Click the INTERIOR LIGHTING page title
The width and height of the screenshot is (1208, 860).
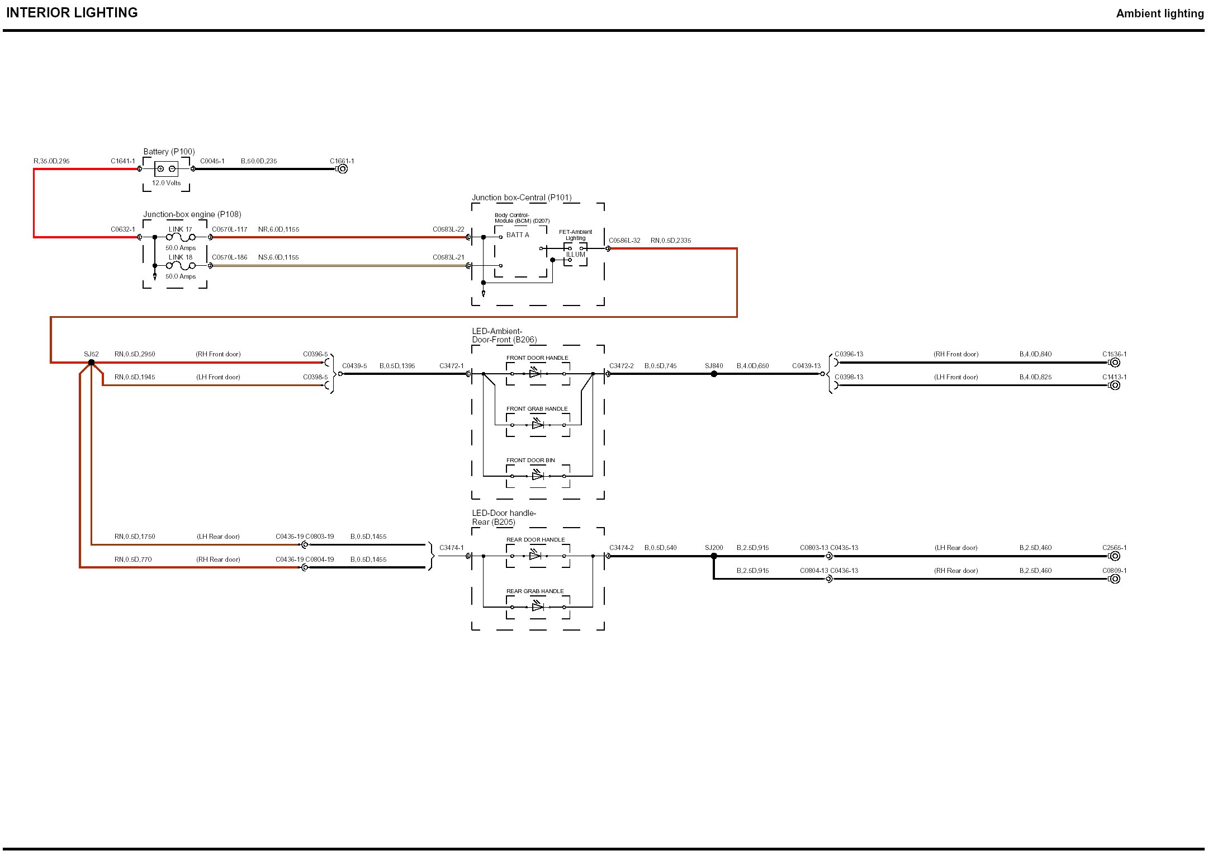(72, 13)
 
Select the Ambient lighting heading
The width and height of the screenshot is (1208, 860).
(1159, 13)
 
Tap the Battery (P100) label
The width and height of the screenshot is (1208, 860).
(169, 152)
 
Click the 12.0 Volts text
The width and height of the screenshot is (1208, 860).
(166, 183)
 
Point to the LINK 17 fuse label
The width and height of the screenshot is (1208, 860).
(180, 229)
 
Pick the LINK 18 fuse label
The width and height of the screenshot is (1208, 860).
(180, 257)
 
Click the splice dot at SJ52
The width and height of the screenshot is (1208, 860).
(91, 363)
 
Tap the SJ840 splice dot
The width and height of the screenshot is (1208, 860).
(714, 374)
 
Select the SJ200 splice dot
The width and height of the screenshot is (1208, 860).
(714, 556)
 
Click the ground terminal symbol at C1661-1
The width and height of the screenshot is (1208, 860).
(343, 169)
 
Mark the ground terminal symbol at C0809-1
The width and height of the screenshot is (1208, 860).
(1115, 579)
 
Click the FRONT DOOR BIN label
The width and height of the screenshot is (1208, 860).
(530, 460)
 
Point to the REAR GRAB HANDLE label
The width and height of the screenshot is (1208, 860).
(535, 591)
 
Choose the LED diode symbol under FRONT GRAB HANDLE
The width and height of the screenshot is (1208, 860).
(537, 425)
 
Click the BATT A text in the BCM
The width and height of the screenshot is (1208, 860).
(518, 235)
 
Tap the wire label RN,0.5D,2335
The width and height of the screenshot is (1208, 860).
(670, 241)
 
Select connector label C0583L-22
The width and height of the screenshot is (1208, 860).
(448, 229)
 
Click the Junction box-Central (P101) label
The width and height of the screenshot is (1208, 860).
(522, 198)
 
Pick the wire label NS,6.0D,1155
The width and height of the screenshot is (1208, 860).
(278, 257)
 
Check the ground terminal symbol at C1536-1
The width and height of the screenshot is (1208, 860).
(1115, 363)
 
